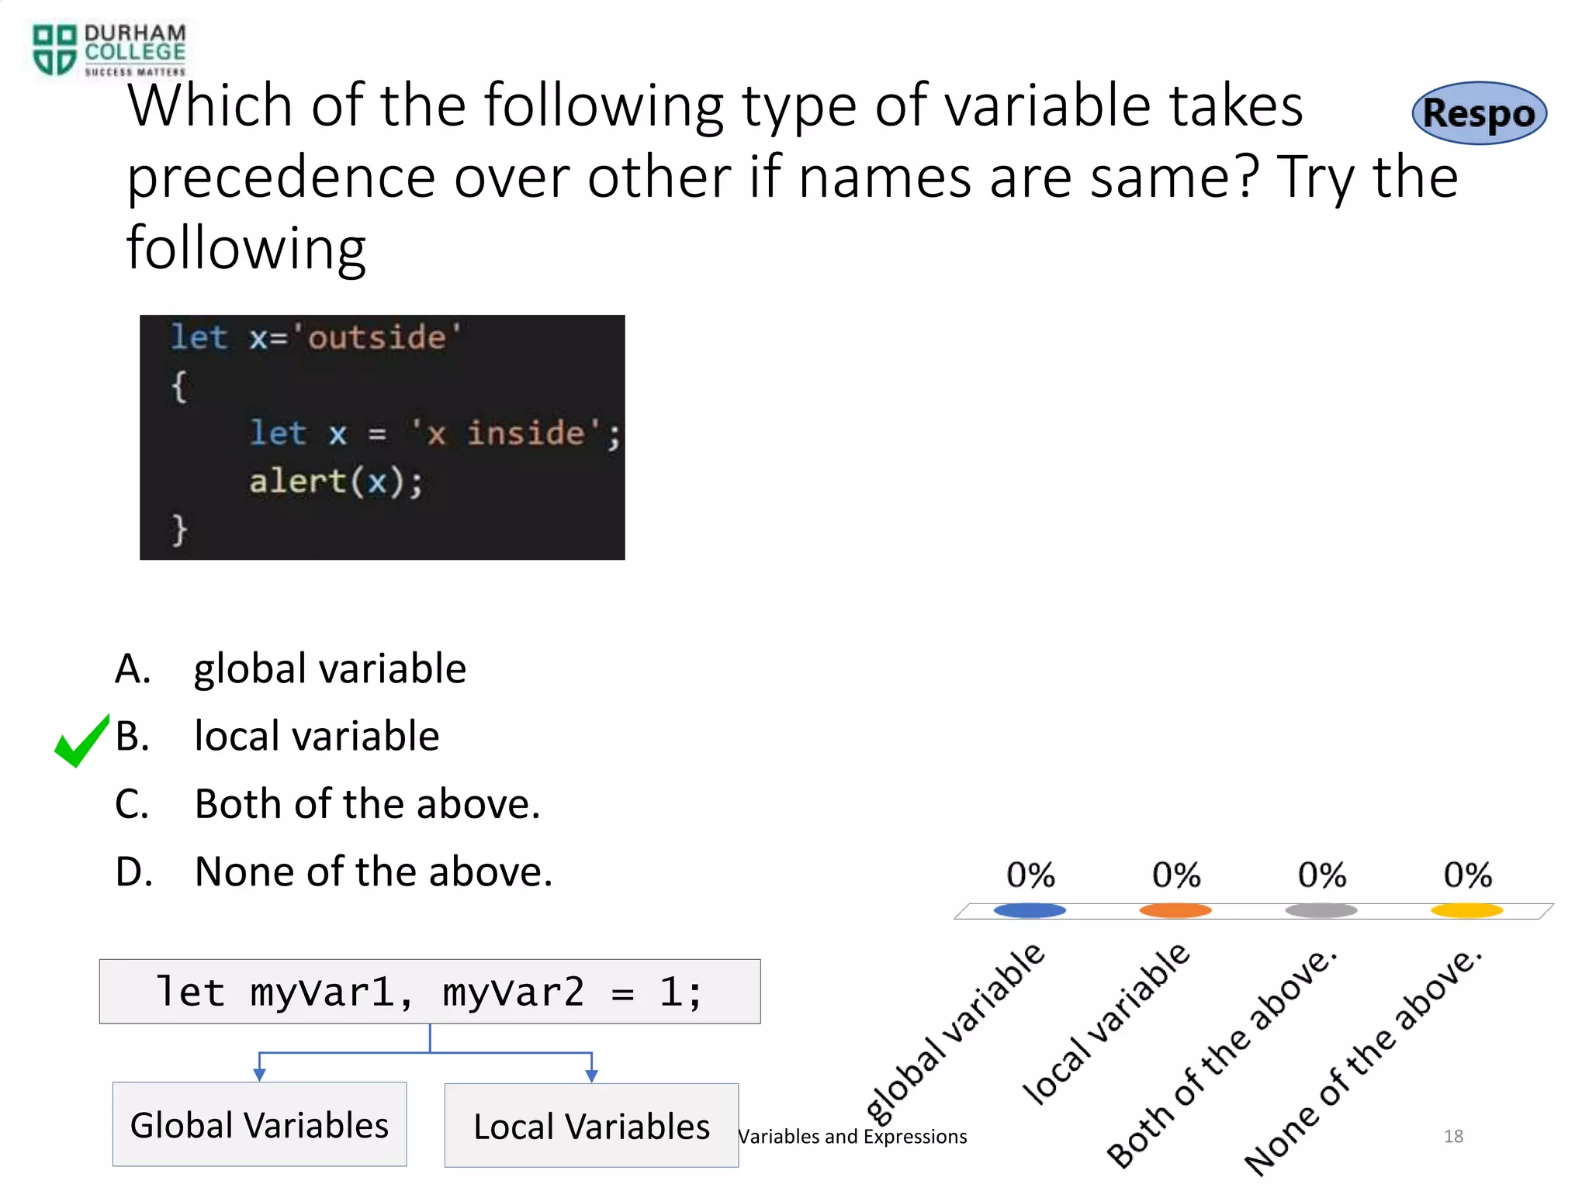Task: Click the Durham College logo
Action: click(109, 50)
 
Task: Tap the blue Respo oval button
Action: click(1479, 113)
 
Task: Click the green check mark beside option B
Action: click(81, 740)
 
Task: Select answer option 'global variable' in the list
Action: click(329, 668)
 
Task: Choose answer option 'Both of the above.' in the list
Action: click(366, 804)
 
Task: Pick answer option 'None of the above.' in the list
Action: click(372, 872)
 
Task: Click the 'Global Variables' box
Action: click(259, 1124)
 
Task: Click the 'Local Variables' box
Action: click(591, 1126)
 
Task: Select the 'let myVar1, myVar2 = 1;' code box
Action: click(429, 992)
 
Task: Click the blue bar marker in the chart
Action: click(1030, 910)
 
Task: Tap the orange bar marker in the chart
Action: click(1175, 910)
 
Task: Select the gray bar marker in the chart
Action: click(1321, 910)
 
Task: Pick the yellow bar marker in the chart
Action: click(1466, 910)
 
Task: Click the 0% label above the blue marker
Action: click(1030, 875)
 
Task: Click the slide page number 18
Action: click(1453, 1136)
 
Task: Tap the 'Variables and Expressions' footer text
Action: click(852, 1137)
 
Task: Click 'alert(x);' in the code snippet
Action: click(335, 482)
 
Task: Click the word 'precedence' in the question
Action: click(281, 178)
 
